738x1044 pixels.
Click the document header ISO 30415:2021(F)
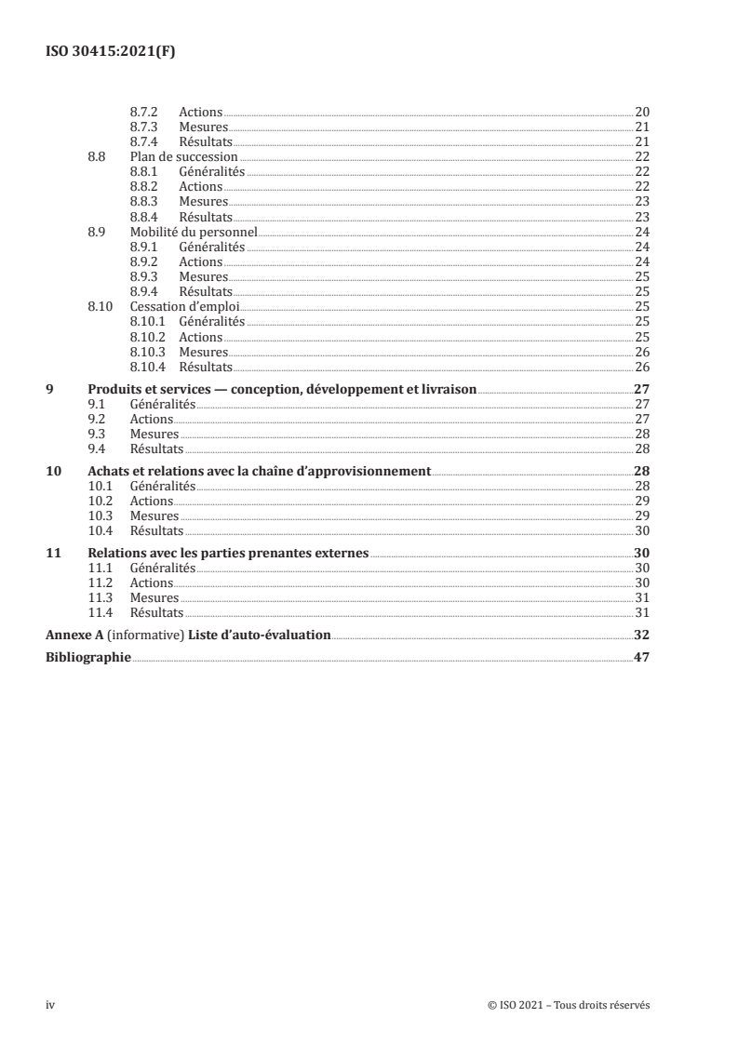pyautogui.click(x=111, y=52)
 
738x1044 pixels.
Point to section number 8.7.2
pyautogui.click(x=143, y=112)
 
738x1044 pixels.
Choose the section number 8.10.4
pyautogui.click(x=148, y=367)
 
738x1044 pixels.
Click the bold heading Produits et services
pyautogui.click(x=281, y=390)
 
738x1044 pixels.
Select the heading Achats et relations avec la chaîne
pyautogui.click(x=259, y=471)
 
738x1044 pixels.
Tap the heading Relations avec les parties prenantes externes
pyautogui.click(x=228, y=552)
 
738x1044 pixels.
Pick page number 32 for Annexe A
pyautogui.click(x=641, y=636)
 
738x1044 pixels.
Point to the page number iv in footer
pyautogui.click(x=51, y=1005)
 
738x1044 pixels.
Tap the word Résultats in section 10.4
pyautogui.click(x=156, y=530)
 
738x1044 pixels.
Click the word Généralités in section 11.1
pyautogui.click(x=163, y=568)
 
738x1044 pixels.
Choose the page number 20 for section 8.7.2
pyautogui.click(x=642, y=112)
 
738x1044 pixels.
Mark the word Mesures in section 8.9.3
pyautogui.click(x=203, y=277)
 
